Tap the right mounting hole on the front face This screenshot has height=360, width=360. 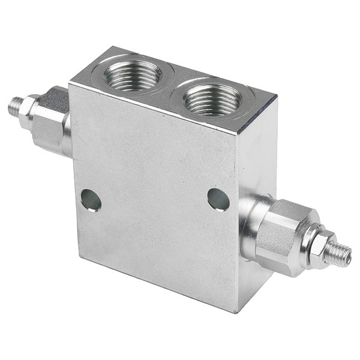point(219,199)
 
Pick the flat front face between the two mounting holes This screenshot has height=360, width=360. point(155,201)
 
